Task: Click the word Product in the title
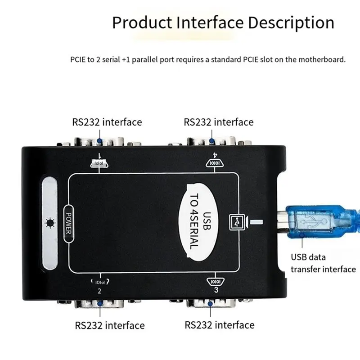[142, 22]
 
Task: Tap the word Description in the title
[291, 23]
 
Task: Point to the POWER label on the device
[69, 223]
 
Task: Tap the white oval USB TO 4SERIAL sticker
[198, 222]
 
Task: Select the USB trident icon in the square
[237, 222]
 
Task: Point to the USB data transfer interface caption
[323, 263]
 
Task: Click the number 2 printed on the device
[99, 291]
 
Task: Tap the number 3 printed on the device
[216, 290]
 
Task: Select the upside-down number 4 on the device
[215, 155]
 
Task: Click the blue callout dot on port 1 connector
[99, 141]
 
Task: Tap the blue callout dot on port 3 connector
[210, 303]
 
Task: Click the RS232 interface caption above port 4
[219, 122]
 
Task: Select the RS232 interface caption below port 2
[110, 325]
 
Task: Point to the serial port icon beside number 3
[216, 281]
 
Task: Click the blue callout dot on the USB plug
[302, 235]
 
